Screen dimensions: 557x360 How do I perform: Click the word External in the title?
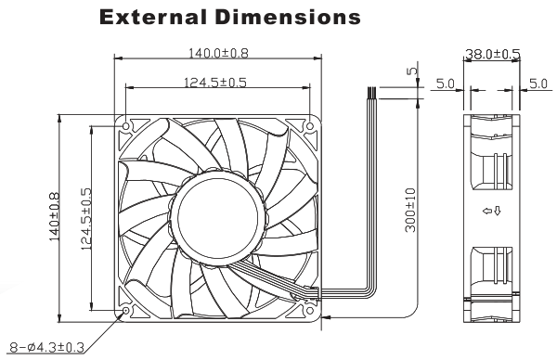coord(153,17)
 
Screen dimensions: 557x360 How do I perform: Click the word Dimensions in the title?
coord(288,17)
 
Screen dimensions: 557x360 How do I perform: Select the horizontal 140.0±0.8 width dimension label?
coord(218,53)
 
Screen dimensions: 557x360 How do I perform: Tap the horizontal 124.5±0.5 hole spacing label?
coord(215,83)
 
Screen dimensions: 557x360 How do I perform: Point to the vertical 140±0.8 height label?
coord(54,216)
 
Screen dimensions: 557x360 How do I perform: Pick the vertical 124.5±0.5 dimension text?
coord(86,219)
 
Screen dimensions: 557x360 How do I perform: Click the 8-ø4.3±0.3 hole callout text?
coord(46,347)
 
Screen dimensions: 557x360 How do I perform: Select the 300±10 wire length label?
coord(410,211)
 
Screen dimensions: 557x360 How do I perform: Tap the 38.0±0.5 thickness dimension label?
coord(493,55)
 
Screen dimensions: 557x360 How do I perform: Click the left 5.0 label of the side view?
coord(445,84)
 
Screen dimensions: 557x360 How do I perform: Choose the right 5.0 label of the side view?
coord(538,84)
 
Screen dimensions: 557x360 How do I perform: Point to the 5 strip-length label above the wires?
coord(411,71)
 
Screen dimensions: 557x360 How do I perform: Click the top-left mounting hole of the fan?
coord(126,126)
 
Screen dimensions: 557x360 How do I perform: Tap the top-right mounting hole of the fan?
coord(310,126)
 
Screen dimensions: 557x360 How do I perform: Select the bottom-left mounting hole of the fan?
coord(126,311)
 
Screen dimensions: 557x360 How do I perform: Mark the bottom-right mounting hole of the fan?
coord(310,311)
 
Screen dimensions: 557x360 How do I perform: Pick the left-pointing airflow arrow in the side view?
coord(486,212)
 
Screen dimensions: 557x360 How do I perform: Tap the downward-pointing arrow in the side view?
coord(498,212)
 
